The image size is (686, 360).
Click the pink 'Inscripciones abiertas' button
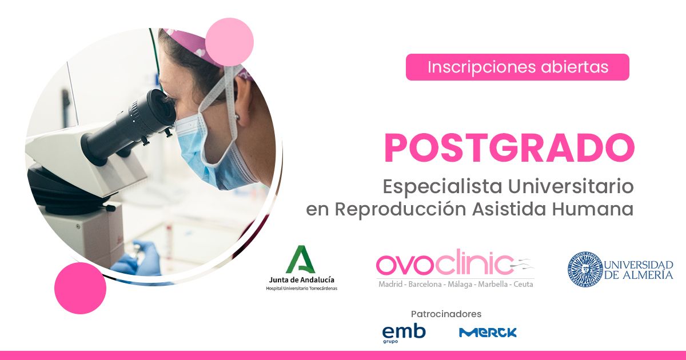point(517,67)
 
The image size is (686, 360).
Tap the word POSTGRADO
point(509,148)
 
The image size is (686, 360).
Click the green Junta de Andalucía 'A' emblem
point(301,259)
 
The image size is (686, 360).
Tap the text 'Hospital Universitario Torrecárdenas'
point(302,289)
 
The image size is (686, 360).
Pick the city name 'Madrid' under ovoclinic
point(390,285)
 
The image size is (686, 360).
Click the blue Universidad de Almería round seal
point(585,269)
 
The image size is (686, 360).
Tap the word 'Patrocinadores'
point(446,314)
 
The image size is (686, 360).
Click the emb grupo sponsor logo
point(404,334)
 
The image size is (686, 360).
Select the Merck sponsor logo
point(488,333)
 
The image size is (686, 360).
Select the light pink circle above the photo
point(229,42)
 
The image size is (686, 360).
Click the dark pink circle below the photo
point(80,288)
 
